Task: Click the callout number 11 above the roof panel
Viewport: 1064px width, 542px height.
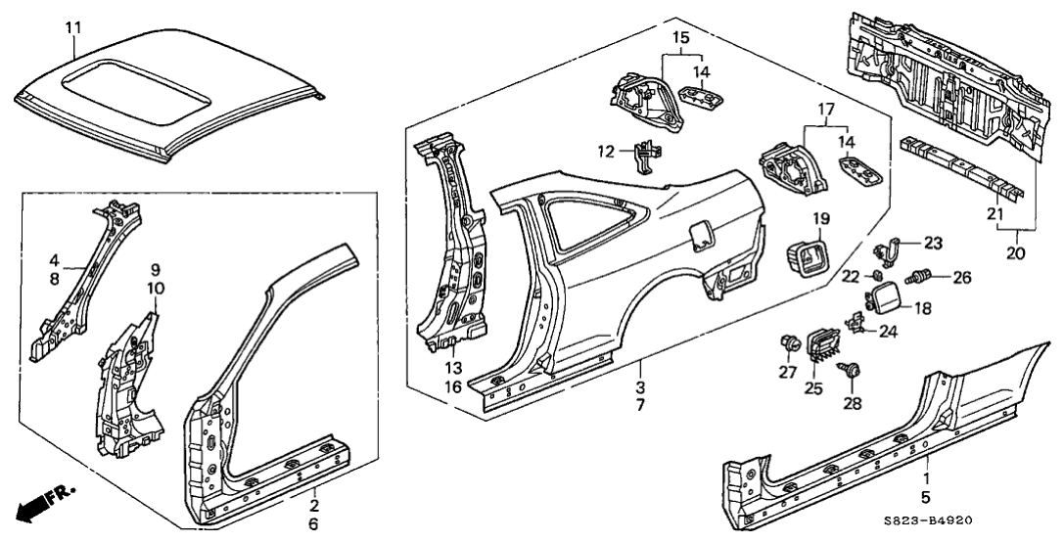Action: (x=72, y=27)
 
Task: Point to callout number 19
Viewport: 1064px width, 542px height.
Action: (x=820, y=218)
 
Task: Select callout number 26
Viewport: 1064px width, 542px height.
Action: (x=961, y=278)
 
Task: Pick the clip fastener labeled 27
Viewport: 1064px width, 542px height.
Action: (x=787, y=343)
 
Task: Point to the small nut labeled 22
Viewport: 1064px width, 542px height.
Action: (x=879, y=277)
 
